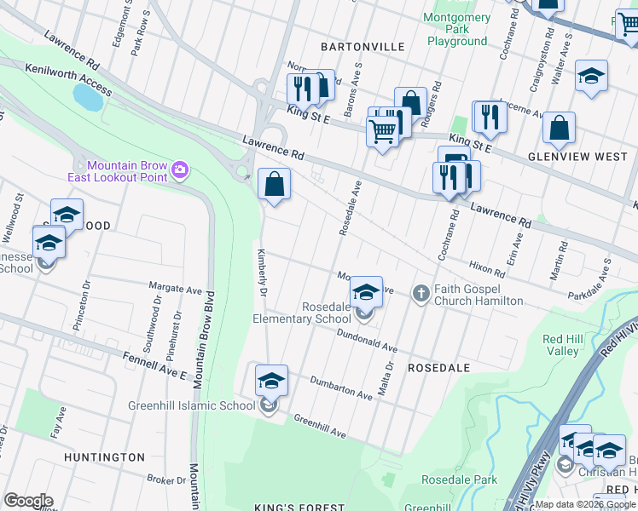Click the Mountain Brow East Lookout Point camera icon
point(179,169)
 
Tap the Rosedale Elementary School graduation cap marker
point(366,293)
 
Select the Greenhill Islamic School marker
point(271,382)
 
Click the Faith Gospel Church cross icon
point(420,293)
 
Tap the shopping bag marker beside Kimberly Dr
point(274,185)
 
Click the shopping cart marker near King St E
point(382,131)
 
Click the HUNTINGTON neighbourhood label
point(104,457)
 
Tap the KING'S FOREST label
point(300,508)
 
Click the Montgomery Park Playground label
point(457,29)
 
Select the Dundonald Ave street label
point(368,342)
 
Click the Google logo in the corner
point(28,500)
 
